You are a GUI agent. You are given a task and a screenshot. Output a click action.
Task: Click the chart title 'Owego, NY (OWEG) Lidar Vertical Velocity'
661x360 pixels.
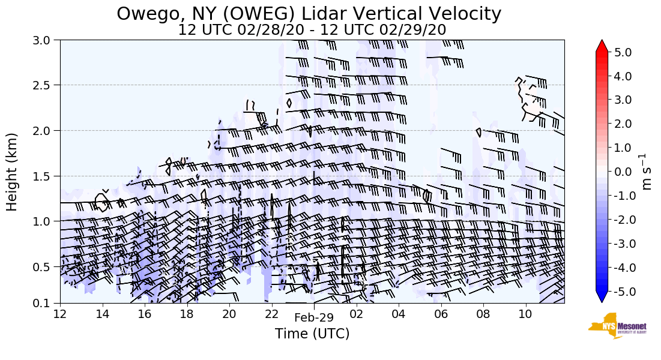tap(309, 13)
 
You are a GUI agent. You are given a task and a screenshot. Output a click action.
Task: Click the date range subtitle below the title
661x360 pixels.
tap(312, 30)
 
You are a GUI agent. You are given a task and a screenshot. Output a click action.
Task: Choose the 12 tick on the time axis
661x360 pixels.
tap(60, 314)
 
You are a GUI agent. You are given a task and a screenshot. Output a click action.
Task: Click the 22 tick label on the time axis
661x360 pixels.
tap(271, 314)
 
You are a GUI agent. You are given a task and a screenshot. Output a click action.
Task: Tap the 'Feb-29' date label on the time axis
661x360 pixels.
tap(313, 318)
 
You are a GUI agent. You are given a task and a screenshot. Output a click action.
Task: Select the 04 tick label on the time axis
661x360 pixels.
tap(399, 314)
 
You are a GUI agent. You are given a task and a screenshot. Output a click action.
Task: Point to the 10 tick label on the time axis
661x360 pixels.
tap(525, 314)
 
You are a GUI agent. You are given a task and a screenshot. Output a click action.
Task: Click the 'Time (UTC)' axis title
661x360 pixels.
tap(312, 334)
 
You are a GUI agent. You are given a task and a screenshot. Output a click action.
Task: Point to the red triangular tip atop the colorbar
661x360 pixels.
tap(602, 46)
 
